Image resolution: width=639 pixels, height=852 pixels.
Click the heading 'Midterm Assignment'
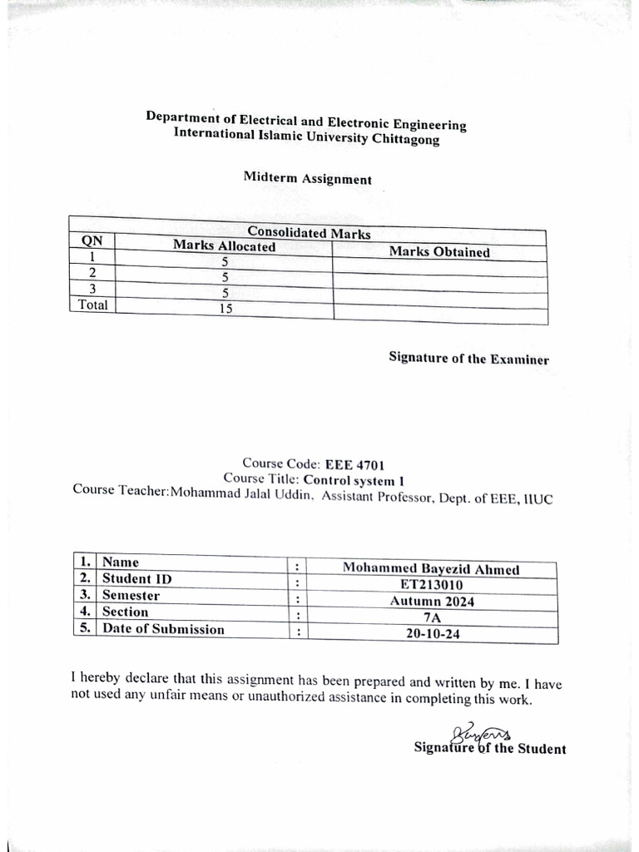[x=307, y=178]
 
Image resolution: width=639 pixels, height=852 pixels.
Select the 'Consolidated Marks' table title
[x=309, y=234]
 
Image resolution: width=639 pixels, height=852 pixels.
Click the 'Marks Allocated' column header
[x=224, y=246]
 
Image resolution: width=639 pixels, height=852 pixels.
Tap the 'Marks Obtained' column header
[x=439, y=252]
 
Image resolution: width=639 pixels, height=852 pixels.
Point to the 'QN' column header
[x=91, y=240]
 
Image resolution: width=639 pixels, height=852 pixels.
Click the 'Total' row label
[x=93, y=305]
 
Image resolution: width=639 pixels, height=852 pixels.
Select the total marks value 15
[x=225, y=308]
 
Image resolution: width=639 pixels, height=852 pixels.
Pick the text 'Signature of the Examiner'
[x=468, y=359]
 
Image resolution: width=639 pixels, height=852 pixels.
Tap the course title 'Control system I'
[x=355, y=479]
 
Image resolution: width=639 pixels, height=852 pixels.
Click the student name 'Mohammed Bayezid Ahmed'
[x=431, y=569]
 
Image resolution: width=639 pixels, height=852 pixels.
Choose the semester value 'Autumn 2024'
[x=431, y=602]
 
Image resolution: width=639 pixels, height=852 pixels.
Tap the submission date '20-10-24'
[x=431, y=634]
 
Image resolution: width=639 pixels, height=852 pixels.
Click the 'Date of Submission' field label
[x=163, y=629]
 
